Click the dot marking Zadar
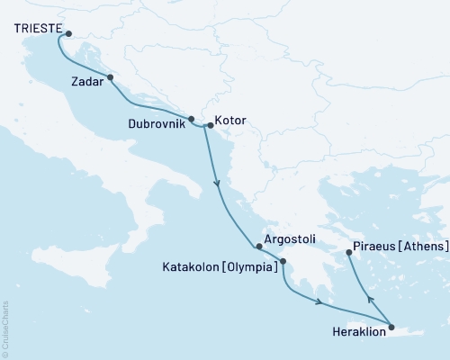pos(110,77)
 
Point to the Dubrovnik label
pos(157,120)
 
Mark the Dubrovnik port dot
pos(191,120)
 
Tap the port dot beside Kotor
pos(209,126)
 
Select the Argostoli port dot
pos(259,246)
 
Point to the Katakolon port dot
pos(283,262)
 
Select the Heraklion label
pos(357,332)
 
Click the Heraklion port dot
pos(391,328)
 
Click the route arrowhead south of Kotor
pos(217,184)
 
